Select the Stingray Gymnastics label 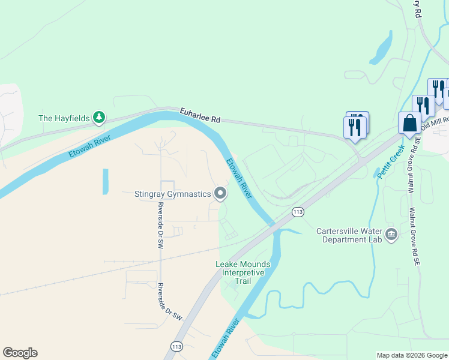point(173,193)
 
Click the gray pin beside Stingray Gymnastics point(220,193)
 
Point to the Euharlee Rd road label point(200,116)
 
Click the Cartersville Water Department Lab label point(349,235)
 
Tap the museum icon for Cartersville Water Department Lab point(391,233)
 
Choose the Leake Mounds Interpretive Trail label point(243,272)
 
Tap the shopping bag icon point(410,124)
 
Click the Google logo point(20,353)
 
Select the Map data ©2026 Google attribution point(412,355)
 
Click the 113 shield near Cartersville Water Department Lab point(297,212)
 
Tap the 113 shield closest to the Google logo point(176,347)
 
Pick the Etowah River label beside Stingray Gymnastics point(239,178)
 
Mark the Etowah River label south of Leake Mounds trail point(226,338)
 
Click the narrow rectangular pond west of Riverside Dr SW point(106,181)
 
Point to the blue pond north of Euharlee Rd point(382,47)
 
